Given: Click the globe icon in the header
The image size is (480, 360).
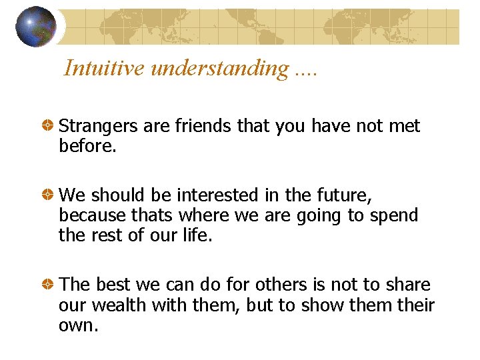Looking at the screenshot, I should point(36,27).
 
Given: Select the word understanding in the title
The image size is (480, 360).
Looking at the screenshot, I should point(219,68).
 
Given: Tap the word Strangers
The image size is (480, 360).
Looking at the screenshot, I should point(99,126).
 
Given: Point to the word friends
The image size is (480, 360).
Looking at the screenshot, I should point(203,126).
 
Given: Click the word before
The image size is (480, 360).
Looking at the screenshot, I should point(88,145).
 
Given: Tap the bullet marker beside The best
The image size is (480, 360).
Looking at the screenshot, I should point(49,285).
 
